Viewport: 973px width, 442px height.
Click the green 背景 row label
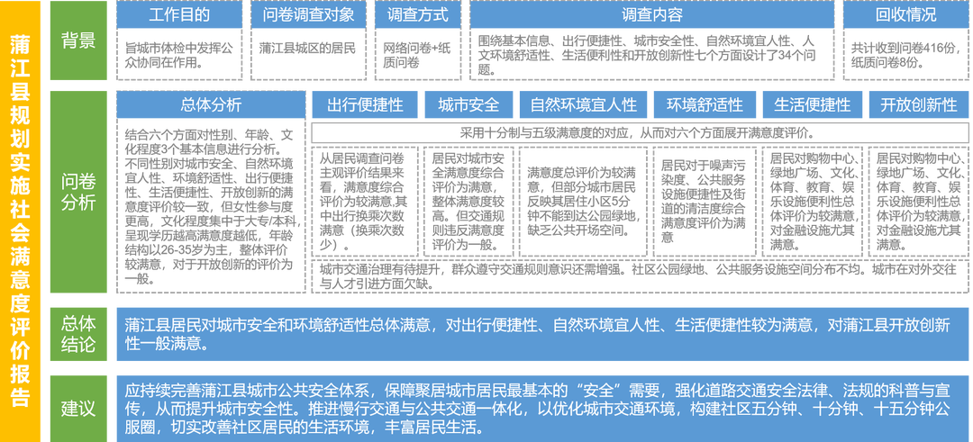(77, 41)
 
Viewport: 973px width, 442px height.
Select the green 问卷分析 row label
(77, 191)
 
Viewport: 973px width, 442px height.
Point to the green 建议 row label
(77, 408)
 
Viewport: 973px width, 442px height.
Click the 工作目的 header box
(179, 14)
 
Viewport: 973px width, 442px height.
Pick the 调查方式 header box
(417, 14)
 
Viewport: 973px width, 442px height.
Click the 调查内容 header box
(651, 14)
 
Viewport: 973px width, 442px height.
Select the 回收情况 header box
(905, 14)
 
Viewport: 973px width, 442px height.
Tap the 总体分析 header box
(211, 104)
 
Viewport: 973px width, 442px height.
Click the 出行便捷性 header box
(365, 104)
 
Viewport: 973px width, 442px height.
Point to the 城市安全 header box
(468, 104)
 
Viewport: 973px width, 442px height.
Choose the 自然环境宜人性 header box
(583, 104)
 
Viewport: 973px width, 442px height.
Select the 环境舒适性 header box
(705, 104)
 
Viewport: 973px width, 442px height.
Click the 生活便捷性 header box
(812, 104)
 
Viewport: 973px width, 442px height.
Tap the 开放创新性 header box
(918, 104)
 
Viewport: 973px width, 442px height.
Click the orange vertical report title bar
(19, 221)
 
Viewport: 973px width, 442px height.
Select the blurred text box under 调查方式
(417, 53)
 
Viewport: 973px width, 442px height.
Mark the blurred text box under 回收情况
(905, 53)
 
